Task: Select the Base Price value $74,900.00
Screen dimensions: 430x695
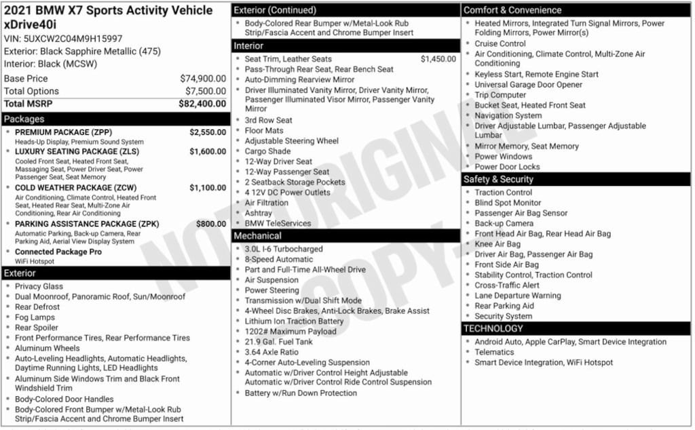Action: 203,79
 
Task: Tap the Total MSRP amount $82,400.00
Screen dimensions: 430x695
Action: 202,104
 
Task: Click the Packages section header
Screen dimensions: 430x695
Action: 24,119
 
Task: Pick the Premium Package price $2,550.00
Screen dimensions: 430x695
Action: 207,132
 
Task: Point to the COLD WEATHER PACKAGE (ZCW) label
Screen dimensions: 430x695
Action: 77,188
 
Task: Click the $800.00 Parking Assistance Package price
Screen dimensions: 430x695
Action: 211,224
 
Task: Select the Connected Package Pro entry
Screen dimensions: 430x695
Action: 58,252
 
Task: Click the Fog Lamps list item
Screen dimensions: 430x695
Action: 35,317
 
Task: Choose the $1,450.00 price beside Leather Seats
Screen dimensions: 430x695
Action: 438,59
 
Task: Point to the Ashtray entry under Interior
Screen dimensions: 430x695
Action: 258,213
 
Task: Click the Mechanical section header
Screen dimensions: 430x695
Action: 257,236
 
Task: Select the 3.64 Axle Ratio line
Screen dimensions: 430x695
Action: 271,352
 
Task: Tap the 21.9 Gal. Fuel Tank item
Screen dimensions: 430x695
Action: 279,342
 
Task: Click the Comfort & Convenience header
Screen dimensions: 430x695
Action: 512,10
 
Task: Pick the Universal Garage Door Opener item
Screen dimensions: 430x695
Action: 528,85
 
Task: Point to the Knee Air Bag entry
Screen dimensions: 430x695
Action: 497,244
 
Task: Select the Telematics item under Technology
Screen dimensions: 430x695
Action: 494,352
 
